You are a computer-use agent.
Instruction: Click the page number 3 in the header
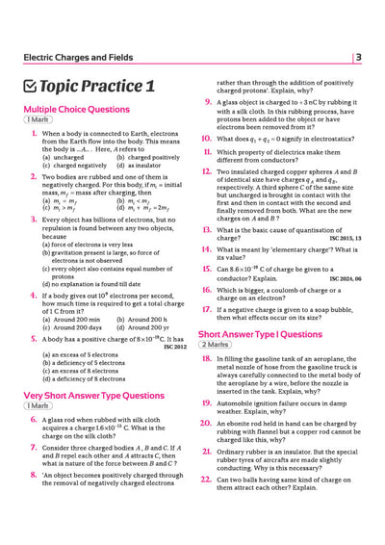(358, 58)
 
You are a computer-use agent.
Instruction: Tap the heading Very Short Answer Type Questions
(93, 395)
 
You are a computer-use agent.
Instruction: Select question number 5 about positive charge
(35, 339)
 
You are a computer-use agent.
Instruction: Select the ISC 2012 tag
(174, 347)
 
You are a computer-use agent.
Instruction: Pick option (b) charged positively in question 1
(144, 157)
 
